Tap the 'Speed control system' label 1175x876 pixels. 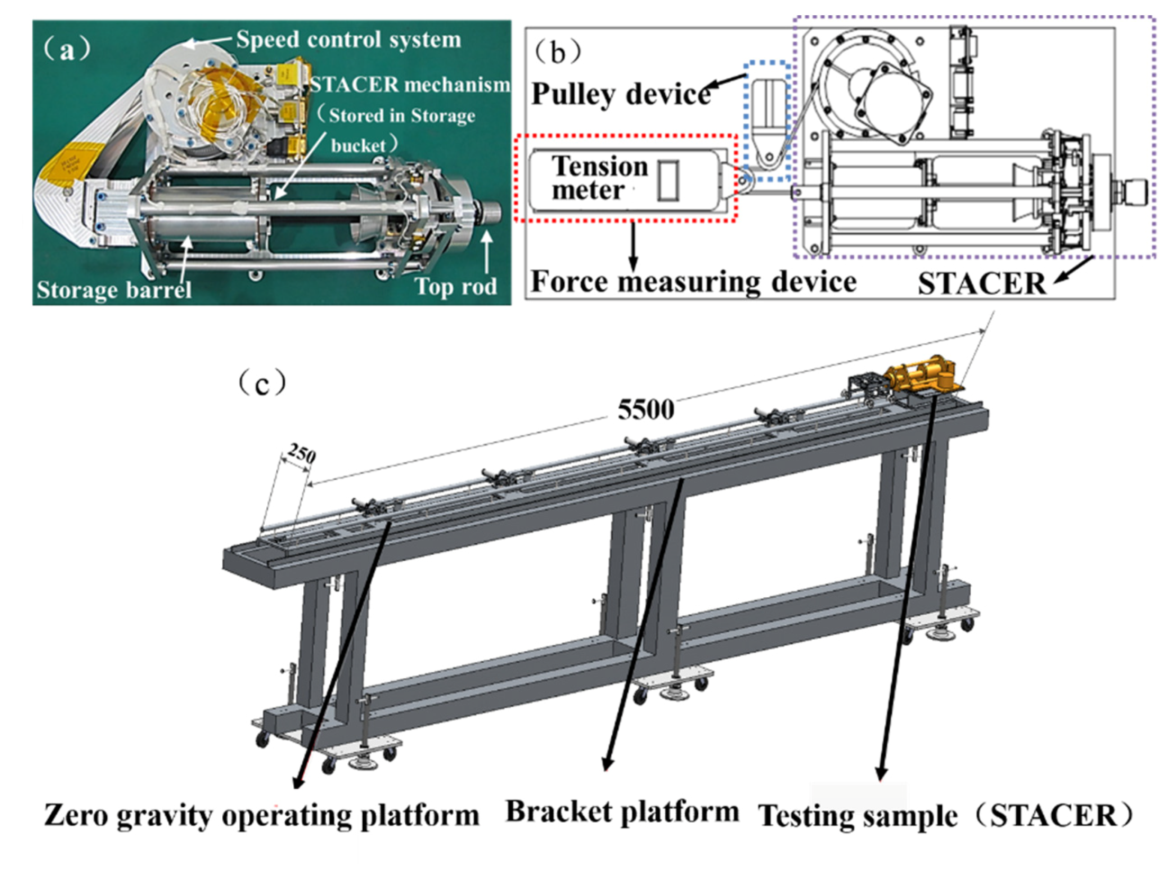pos(348,40)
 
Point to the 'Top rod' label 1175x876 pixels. pos(456,286)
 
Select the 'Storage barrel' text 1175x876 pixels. pos(114,289)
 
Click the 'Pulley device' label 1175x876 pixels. pos(621,94)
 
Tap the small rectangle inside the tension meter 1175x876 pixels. pos(667,181)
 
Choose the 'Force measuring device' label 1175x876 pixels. pos(693,281)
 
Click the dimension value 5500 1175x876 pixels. pos(646,410)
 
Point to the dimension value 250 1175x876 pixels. pos(301,454)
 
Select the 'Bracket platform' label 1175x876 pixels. pos(622,812)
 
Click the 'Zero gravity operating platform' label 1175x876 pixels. pos(261,816)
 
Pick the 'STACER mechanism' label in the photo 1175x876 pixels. pos(410,85)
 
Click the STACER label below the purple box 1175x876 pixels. pos(981,284)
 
